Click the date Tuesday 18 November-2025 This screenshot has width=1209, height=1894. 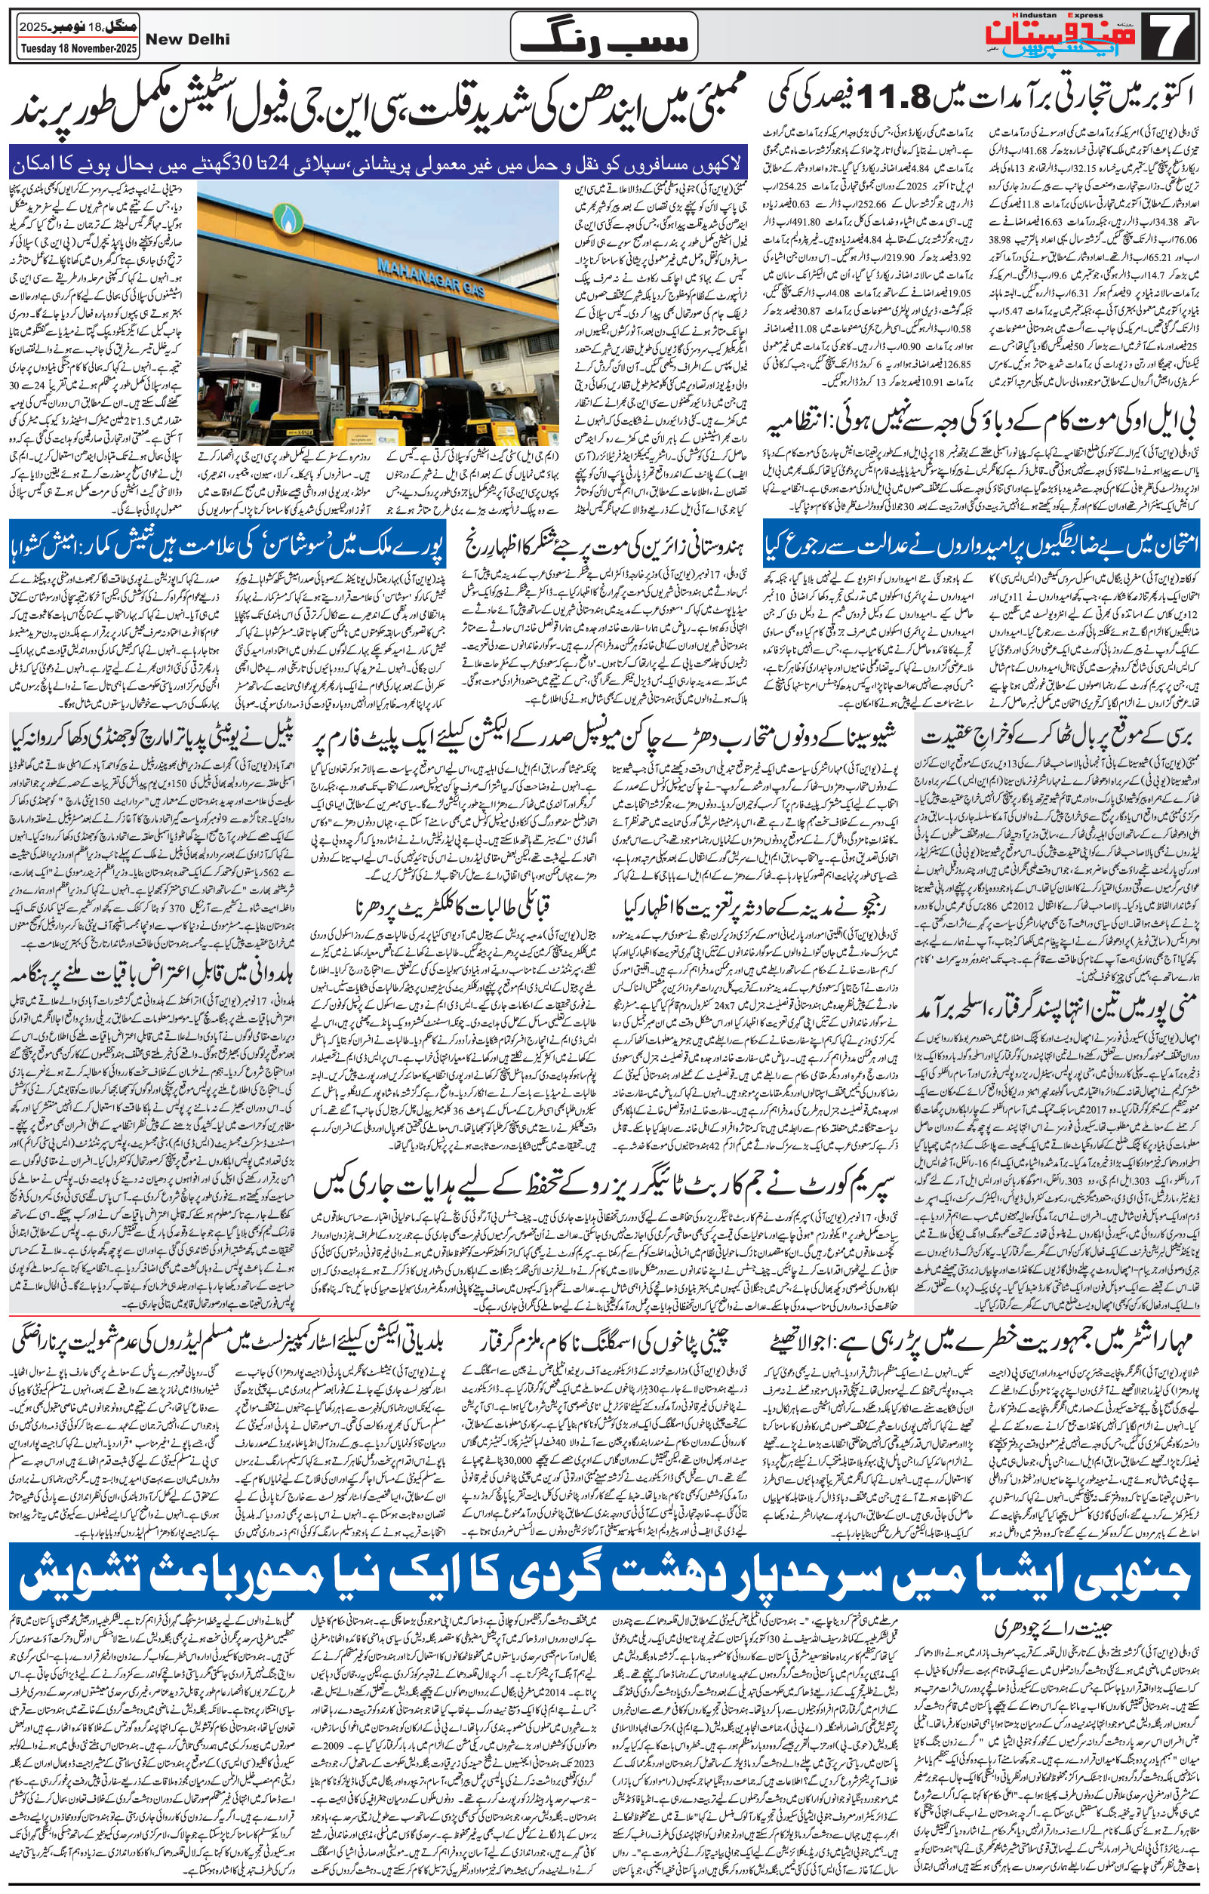click(57, 51)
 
